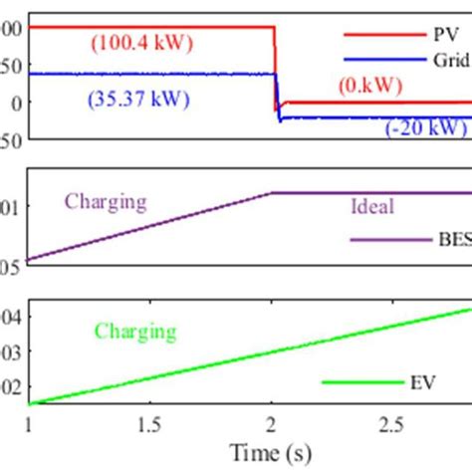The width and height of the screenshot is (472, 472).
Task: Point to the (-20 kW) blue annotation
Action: pos(426,127)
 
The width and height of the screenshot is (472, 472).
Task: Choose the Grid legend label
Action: pos(449,60)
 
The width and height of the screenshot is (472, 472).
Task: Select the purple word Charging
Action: pos(106,202)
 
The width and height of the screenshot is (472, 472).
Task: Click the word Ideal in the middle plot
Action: pos(372,207)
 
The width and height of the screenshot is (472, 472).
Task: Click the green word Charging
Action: pos(135,332)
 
